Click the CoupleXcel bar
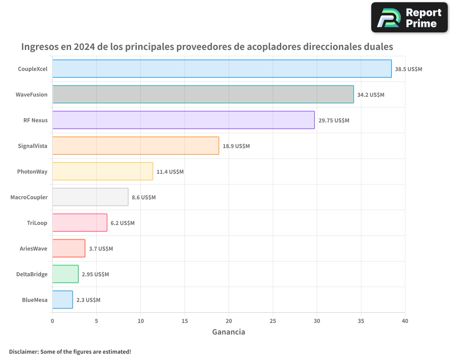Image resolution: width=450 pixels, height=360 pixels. click(222, 69)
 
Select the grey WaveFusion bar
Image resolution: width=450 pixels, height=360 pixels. click(203, 94)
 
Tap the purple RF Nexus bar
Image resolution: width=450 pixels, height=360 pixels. click(184, 120)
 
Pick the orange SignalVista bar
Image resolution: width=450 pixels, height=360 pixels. click(135, 146)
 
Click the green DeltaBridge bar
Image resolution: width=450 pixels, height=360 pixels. click(65, 274)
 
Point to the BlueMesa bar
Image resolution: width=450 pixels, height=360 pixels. click(63, 300)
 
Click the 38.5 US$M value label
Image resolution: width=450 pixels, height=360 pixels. click(409, 69)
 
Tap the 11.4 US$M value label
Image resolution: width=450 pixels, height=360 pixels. click(170, 172)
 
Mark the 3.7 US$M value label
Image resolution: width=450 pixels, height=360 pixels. click(101, 249)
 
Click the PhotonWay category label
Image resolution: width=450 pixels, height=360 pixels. click(32, 171)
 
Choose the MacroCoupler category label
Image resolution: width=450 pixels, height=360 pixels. click(29, 197)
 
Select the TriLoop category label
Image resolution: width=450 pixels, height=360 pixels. click(37, 223)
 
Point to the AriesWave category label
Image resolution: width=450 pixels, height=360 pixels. click(33, 248)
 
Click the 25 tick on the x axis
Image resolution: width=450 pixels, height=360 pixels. click(273, 321)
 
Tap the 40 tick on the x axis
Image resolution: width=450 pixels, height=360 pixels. click(405, 321)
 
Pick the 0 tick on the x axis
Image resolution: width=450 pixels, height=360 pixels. click(53, 321)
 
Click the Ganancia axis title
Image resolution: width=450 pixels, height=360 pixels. click(229, 332)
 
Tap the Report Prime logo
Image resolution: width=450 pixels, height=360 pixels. click(409, 18)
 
